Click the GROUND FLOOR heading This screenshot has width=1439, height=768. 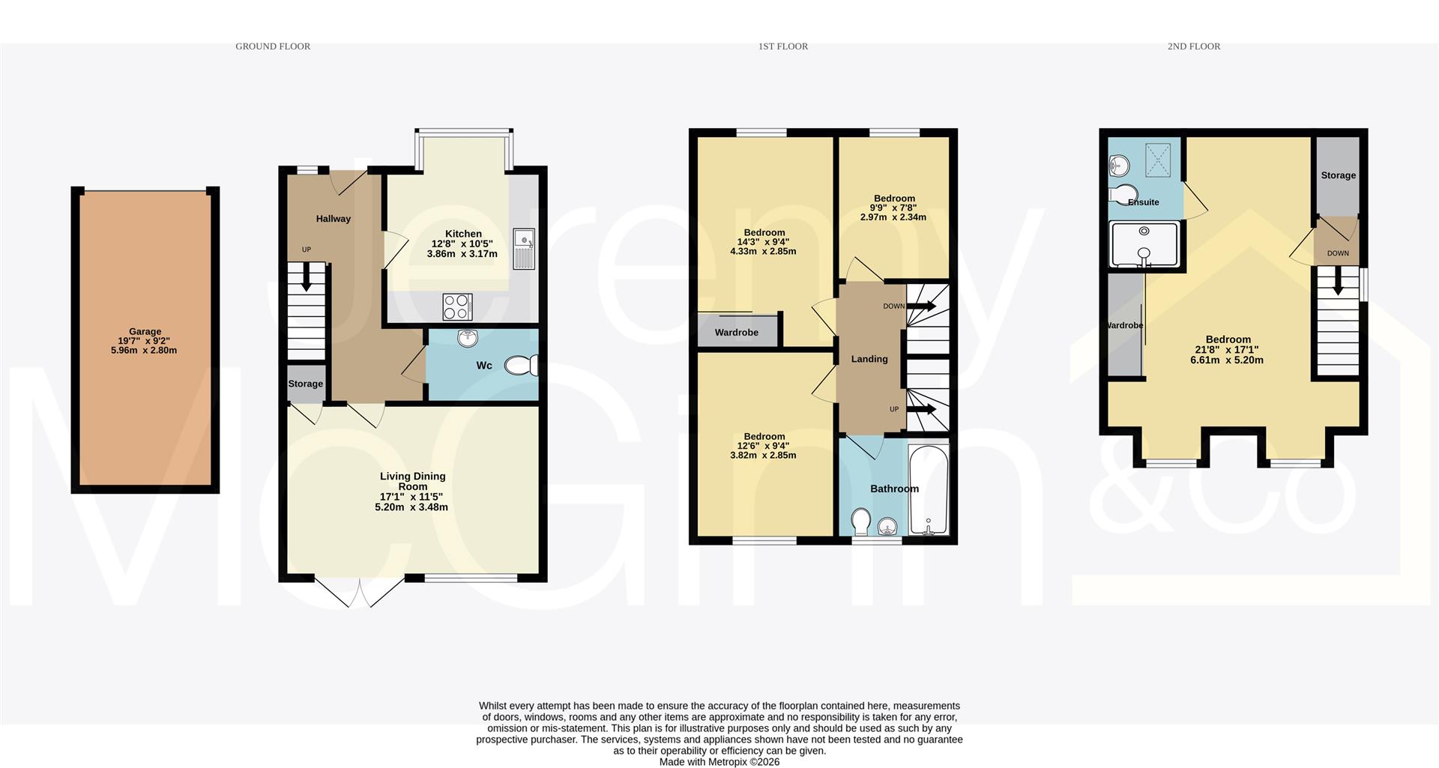(273, 46)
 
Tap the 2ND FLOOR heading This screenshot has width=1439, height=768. (1193, 46)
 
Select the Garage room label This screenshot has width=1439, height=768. (145, 331)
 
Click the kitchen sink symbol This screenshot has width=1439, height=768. (524, 248)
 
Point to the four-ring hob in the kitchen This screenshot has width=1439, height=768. (457, 306)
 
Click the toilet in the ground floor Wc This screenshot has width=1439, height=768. (522, 366)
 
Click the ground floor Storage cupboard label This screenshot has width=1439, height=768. (306, 384)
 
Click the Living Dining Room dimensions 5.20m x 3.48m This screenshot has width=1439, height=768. (411, 507)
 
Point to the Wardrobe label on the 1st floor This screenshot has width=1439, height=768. (736, 333)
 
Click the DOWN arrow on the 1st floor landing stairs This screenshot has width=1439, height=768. (921, 306)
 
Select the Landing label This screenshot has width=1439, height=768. (869, 359)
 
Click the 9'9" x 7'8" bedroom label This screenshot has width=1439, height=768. (893, 208)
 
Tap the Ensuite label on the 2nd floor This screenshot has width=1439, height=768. (1144, 202)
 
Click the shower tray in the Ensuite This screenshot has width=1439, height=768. (1144, 244)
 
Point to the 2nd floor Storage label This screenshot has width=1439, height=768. (1338, 175)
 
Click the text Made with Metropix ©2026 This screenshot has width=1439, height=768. (719, 762)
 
